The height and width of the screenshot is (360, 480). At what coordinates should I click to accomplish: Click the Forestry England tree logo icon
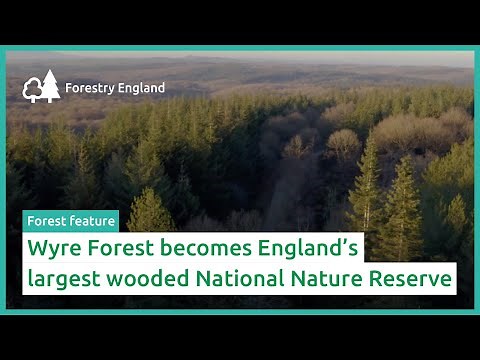click(41, 87)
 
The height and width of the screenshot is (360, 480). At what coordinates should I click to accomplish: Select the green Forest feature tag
click(71, 221)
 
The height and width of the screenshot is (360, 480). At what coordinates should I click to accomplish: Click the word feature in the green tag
click(91, 221)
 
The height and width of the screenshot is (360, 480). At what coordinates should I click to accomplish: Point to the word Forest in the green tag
click(48, 221)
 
